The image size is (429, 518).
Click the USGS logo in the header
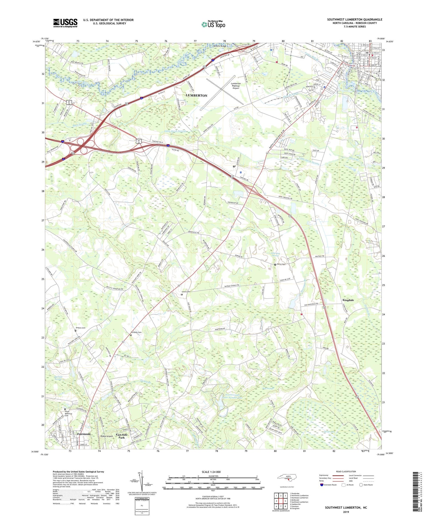pos(65,23)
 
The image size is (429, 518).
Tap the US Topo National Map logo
pos(213,24)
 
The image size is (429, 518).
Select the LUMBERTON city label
pos(196,95)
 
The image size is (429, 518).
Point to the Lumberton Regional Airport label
pos(236,86)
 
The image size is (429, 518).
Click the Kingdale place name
pos(348,300)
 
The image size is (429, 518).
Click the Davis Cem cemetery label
pos(281,264)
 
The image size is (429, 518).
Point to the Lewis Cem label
pos(186,292)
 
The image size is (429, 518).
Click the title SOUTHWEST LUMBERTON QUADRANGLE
pos(355,19)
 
